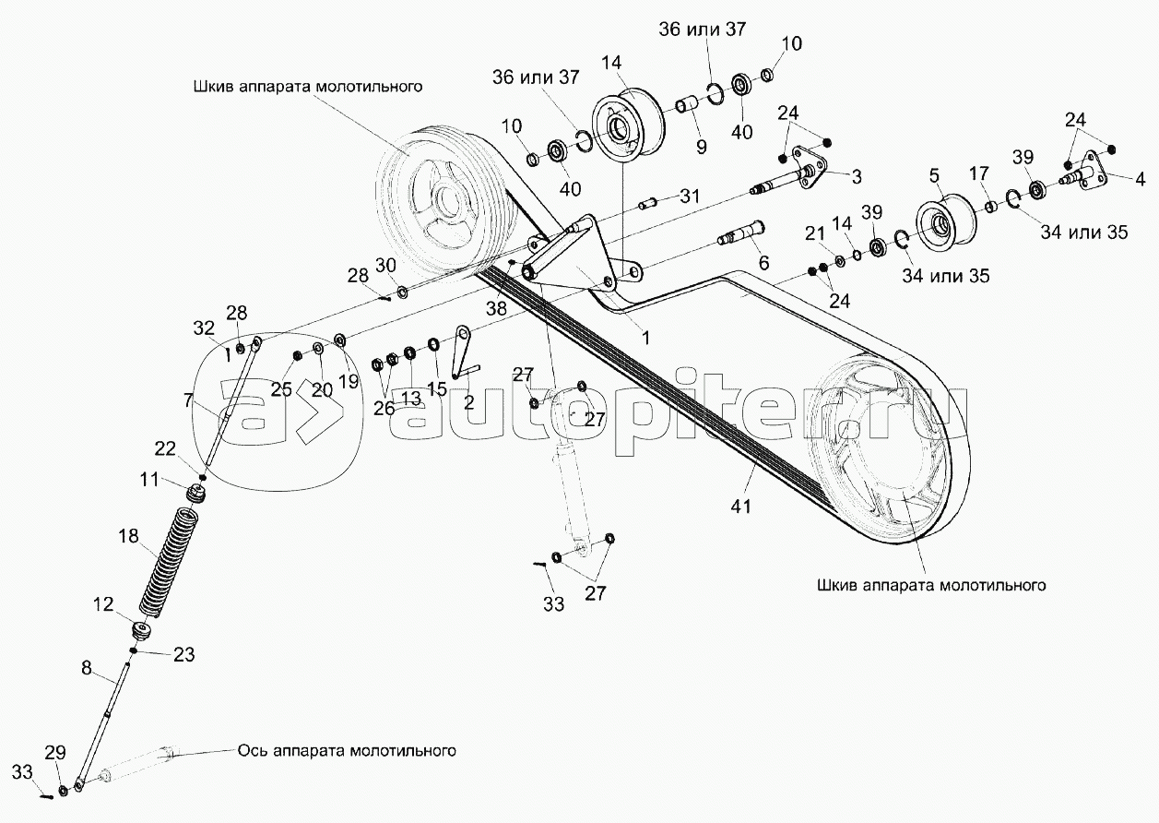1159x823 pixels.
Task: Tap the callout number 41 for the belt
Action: click(741, 506)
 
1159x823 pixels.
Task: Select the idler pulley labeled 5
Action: click(941, 223)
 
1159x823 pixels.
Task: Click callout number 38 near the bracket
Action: click(496, 309)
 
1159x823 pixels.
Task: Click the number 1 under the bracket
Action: click(645, 338)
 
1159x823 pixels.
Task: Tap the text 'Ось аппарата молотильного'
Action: click(347, 750)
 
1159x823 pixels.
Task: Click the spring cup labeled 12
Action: click(143, 632)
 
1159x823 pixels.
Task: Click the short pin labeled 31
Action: click(649, 201)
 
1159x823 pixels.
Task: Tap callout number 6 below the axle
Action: click(763, 262)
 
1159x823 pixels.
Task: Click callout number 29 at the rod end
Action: click(55, 753)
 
